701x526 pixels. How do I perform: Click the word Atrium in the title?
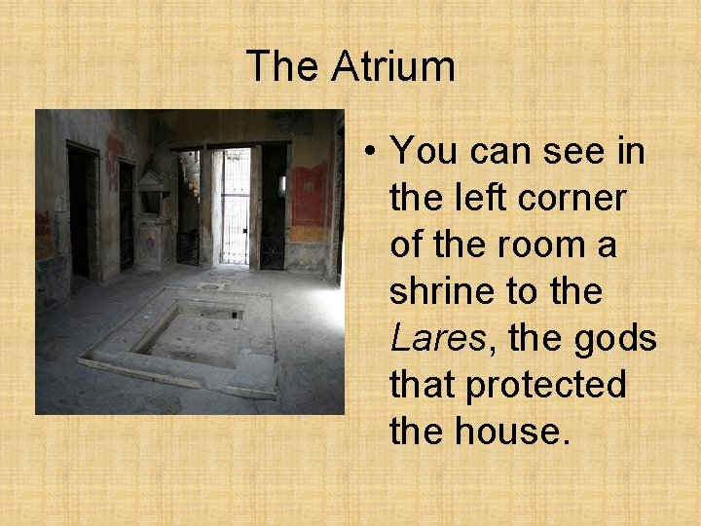coord(392,66)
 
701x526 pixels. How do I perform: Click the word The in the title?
coord(283,66)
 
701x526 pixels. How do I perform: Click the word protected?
coord(545,385)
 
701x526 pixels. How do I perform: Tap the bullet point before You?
coord(372,153)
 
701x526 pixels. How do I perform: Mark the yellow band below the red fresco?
coord(309,234)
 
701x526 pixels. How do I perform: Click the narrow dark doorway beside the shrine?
coord(127,214)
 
